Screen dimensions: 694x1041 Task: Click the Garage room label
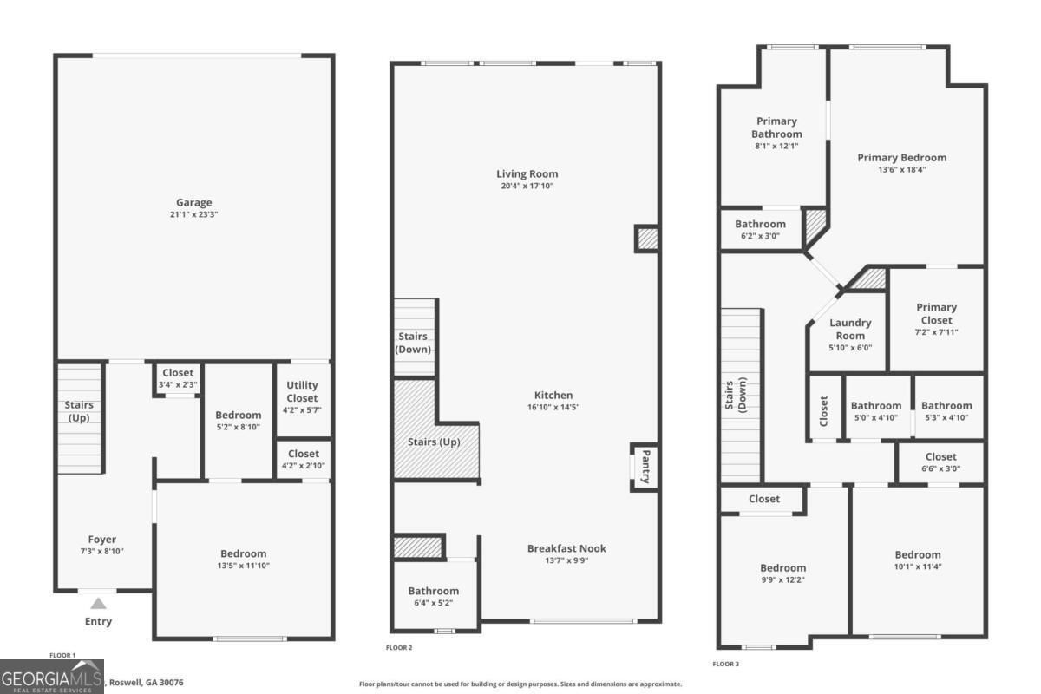pos(193,203)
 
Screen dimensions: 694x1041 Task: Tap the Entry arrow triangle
pos(99,604)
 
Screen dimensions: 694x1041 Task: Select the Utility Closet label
pos(302,391)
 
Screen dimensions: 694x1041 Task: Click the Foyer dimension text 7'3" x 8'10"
pos(101,551)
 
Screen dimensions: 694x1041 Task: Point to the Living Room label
pos(527,173)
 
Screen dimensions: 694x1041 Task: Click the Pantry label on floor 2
pos(645,466)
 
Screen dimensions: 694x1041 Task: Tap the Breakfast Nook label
pos(566,548)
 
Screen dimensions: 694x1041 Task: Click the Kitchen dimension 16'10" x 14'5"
pos(553,407)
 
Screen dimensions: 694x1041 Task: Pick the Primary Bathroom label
pos(776,128)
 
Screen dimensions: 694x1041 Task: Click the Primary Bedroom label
pos(901,158)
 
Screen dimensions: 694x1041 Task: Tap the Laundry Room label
pos(850,329)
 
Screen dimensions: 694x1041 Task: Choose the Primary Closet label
pos(936,312)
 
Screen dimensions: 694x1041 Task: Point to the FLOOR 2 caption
pos(399,648)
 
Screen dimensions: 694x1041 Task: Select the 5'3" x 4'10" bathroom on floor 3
pos(946,410)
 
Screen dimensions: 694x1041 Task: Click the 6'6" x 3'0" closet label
pos(940,462)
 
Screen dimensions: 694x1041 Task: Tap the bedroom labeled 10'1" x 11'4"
pos(917,560)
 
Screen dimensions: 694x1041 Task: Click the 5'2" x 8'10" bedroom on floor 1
pos(239,420)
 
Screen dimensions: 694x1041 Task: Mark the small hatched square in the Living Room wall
pos(646,239)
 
